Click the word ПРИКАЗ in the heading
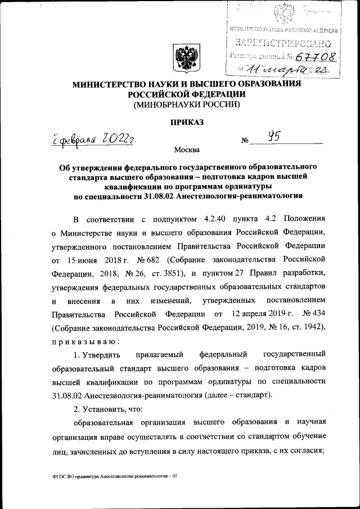tap(187, 121)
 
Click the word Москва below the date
tap(186, 150)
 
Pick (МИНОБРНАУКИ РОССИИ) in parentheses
tap(186, 104)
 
